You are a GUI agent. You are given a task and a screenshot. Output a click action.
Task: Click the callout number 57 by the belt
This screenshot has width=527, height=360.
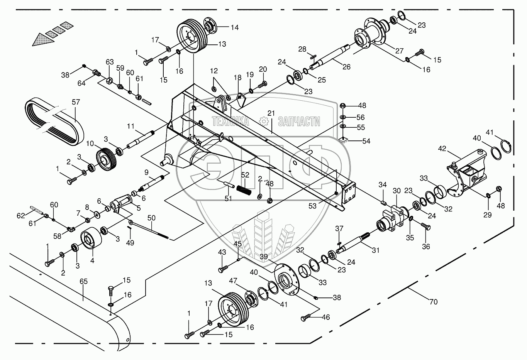point(76,102)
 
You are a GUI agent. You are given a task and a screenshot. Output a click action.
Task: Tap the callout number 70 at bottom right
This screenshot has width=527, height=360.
point(434,302)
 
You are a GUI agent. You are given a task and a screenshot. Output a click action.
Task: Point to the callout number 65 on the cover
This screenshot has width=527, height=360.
point(83,281)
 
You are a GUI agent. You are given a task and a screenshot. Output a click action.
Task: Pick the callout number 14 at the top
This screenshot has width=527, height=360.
point(235,27)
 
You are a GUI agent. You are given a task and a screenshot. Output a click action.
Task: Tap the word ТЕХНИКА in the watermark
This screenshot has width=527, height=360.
point(230,122)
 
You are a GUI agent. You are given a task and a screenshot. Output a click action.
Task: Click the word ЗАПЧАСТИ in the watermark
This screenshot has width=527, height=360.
point(299,122)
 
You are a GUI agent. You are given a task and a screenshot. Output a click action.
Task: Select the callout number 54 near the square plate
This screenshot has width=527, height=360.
point(366,141)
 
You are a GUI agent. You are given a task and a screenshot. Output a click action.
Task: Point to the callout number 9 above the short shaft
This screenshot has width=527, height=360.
point(146,172)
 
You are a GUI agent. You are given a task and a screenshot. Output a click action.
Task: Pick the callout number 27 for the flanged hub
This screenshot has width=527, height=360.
point(399,51)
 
